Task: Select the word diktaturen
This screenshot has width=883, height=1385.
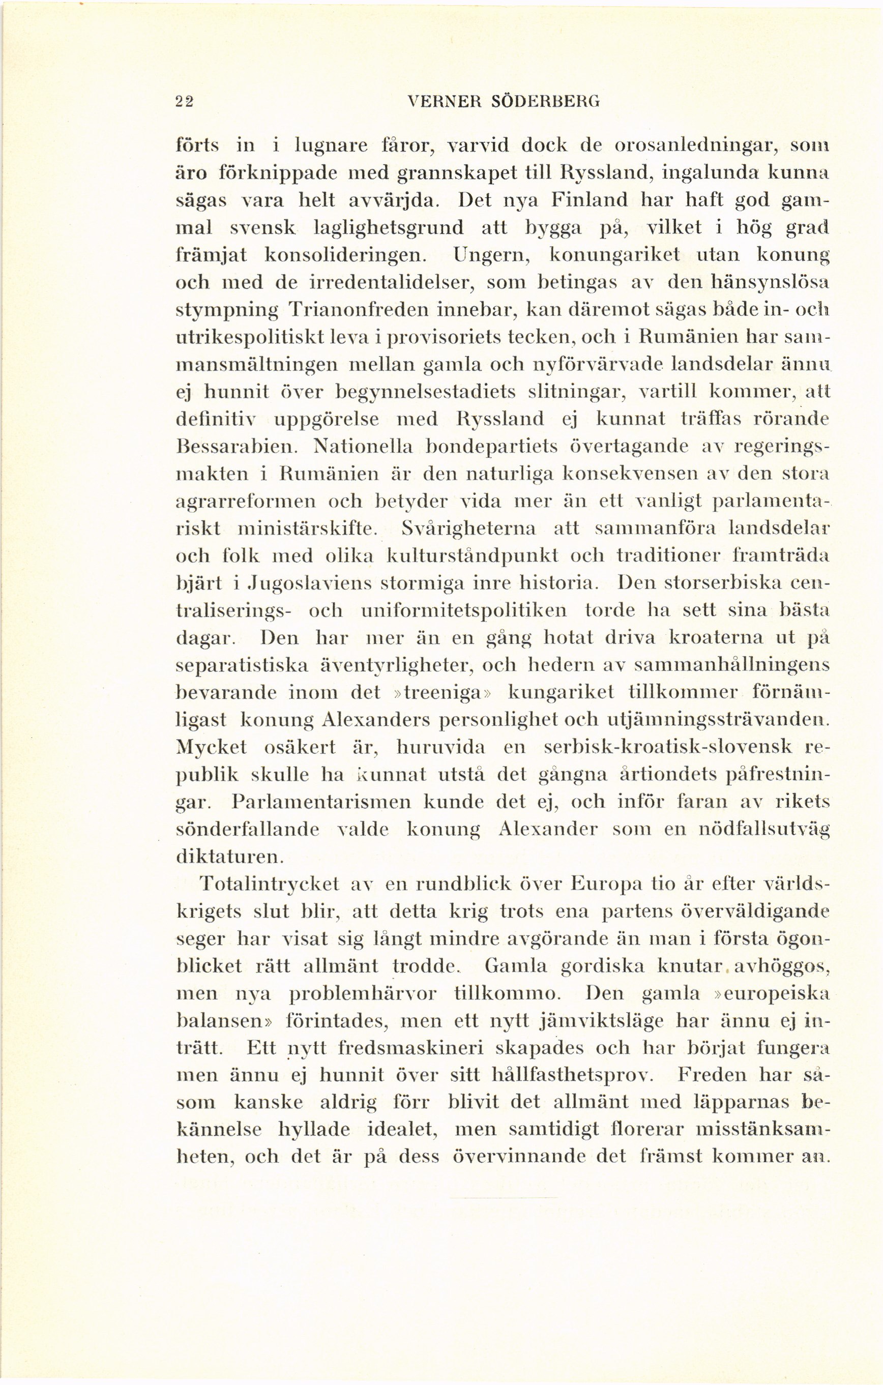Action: (x=229, y=857)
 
